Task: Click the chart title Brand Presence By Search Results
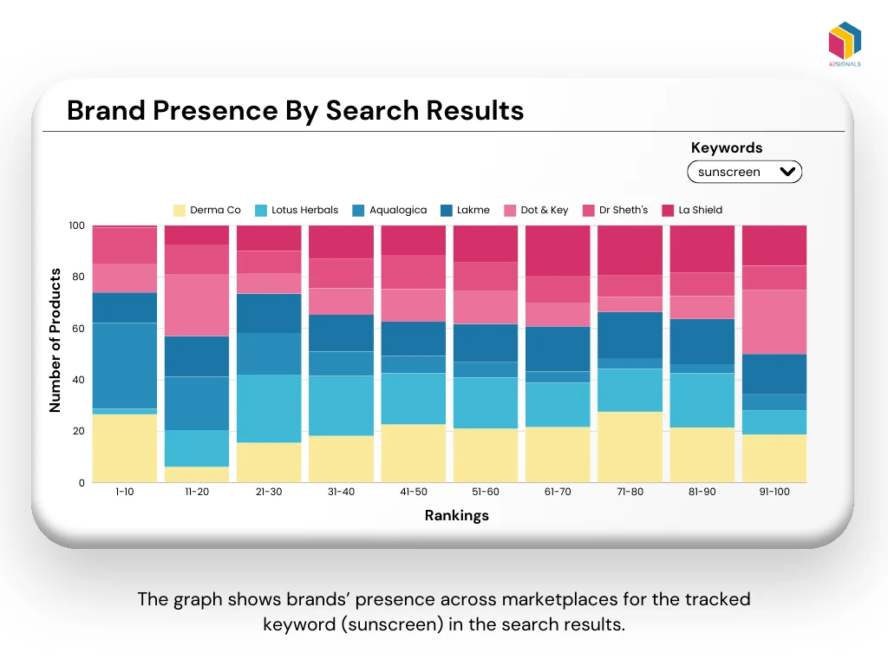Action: coord(295,111)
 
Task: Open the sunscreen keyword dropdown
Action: coord(745,172)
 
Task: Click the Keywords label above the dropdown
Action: coord(727,147)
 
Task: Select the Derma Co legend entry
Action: coord(207,210)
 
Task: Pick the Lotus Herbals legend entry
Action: coord(297,210)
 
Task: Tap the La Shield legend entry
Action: coord(692,210)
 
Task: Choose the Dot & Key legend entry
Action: coord(536,210)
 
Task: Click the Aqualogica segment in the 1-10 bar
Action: coord(125,365)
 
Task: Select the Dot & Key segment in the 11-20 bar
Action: coord(197,304)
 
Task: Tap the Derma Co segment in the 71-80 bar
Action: coord(629,447)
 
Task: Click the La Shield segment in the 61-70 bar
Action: coord(557,251)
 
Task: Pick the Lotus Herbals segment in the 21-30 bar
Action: coord(269,408)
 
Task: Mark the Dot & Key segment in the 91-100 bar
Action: coord(774,322)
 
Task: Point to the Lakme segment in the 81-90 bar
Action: coord(701,342)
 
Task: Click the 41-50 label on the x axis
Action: coord(413,492)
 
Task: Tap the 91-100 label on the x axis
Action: coord(774,492)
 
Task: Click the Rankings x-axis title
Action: coord(456,515)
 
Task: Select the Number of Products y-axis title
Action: coord(55,340)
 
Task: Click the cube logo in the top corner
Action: coord(845,42)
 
